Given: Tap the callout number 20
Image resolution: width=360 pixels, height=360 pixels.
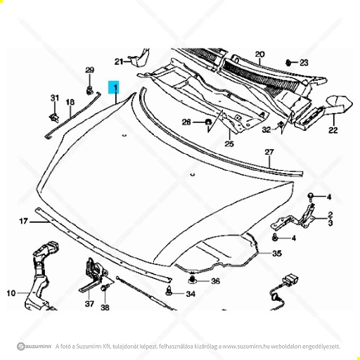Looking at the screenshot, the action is tap(259, 54).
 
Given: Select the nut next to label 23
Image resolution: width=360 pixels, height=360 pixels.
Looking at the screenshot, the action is tap(289, 63).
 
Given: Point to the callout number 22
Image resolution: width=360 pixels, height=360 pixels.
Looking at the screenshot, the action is tap(333, 130).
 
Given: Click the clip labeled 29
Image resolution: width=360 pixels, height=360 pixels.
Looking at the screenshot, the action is tap(89, 90).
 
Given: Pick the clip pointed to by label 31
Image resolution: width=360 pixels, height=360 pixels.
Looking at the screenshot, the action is tap(54, 117).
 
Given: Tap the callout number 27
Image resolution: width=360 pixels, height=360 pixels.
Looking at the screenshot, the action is tap(269, 152).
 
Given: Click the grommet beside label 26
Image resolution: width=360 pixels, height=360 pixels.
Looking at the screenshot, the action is tap(207, 122).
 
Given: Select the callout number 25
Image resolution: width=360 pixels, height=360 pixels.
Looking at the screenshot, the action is tap(229, 143).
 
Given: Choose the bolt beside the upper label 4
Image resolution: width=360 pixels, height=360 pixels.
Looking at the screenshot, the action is tap(310, 197).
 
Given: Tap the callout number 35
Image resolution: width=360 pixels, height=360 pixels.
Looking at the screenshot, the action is tap(277, 254).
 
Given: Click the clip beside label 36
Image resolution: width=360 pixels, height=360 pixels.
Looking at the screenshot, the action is tap(193, 280).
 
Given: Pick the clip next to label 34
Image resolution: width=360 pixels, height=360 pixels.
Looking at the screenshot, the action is tap(168, 291).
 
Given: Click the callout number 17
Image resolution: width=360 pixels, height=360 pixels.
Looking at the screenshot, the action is tap(23, 221).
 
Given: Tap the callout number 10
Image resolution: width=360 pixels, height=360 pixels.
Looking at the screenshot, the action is tap(11, 293).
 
